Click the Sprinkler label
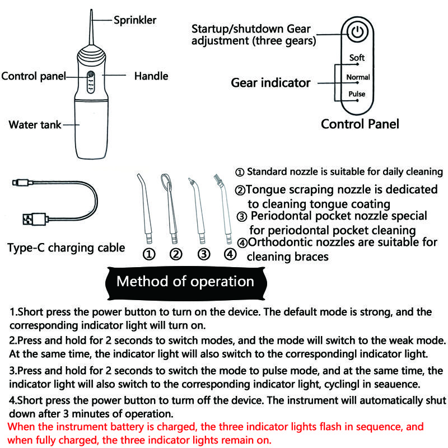[135, 20]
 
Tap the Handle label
[151, 76]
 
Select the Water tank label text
[35, 124]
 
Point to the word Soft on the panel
[357, 58]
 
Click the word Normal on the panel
[358, 77]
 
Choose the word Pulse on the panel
[357, 94]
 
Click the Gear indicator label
[270, 83]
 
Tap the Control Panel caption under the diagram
[360, 124]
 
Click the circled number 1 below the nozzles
[149, 254]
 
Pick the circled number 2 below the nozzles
[176, 254]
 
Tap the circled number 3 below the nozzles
[204, 254]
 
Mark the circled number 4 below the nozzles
[230, 254]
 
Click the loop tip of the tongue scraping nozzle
[165, 181]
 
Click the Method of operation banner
[185, 281]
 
